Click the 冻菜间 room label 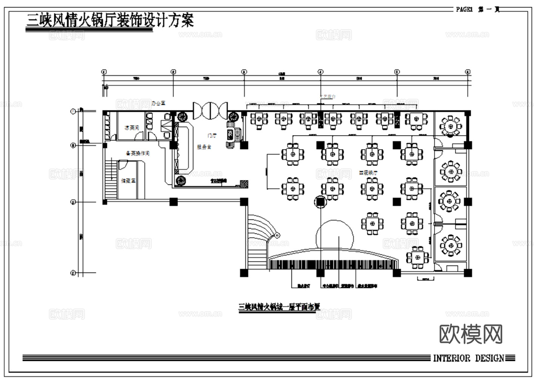tap(132, 128)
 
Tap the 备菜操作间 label tap(137, 153)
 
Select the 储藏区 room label tap(128, 181)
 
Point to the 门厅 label tap(212, 135)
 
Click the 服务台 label tap(204, 147)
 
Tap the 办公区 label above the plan tap(159, 103)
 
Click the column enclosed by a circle tap(320, 202)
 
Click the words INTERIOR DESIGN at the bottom tap(468, 358)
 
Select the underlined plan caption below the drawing tap(279, 307)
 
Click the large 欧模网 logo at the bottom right tap(471, 334)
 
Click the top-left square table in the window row tap(259, 119)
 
